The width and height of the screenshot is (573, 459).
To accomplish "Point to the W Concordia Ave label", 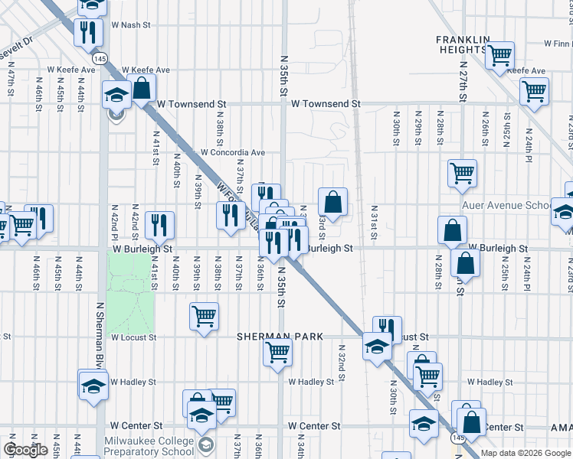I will point(232,152).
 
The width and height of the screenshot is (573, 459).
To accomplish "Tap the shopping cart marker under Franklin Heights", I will point(499,55).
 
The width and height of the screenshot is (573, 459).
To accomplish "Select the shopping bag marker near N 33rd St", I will point(333,203).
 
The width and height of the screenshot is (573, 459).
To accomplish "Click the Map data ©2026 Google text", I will point(525,453).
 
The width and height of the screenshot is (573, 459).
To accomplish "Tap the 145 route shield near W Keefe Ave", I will point(100,58).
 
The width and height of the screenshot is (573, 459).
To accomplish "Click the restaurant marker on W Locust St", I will point(388,329).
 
